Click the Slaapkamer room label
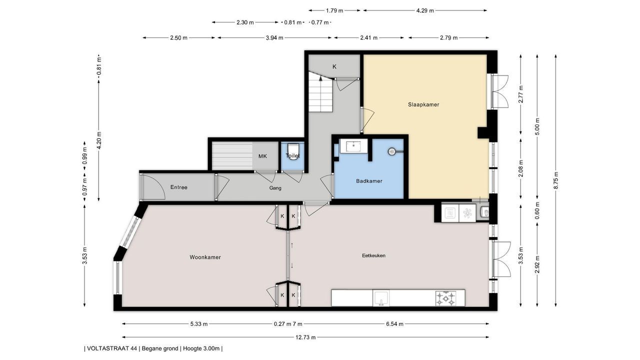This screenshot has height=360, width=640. (423, 104)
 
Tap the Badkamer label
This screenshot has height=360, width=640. (369, 181)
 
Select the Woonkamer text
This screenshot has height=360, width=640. (205, 257)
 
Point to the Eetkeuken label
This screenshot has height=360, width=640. (373, 255)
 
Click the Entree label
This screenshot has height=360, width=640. (179, 187)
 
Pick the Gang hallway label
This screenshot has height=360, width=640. (275, 188)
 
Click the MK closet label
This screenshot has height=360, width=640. (262, 156)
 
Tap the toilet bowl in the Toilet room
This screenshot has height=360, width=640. (293, 151)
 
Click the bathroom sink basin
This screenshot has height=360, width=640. (353, 146)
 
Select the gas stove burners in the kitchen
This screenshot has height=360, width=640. (445, 298)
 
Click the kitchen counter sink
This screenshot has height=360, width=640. (381, 298)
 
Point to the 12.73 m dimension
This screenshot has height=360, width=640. (305, 337)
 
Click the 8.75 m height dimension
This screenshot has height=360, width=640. (555, 180)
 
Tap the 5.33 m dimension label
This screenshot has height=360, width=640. (199, 324)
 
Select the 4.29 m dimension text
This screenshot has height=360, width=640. (425, 10)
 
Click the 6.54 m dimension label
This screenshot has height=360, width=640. (394, 324)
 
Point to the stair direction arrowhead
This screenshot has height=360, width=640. (320, 77)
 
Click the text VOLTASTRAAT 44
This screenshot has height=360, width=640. (112, 348)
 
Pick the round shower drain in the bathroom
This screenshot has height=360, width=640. (391, 151)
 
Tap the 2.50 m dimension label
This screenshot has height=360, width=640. (178, 37)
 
